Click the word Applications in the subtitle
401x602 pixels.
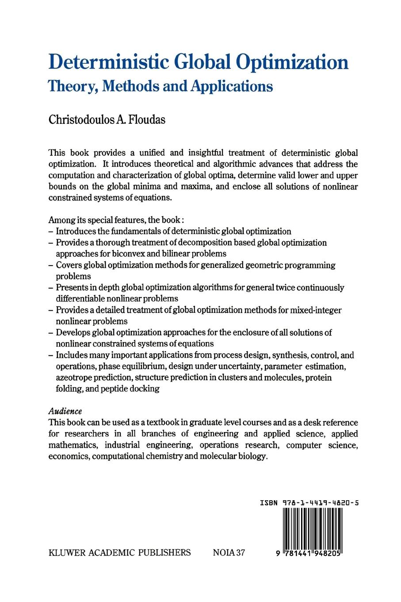point(232,85)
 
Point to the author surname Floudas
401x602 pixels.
point(145,120)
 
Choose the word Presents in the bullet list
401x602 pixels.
point(71,287)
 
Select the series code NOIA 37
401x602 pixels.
point(229,552)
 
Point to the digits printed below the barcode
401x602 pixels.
point(309,554)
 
